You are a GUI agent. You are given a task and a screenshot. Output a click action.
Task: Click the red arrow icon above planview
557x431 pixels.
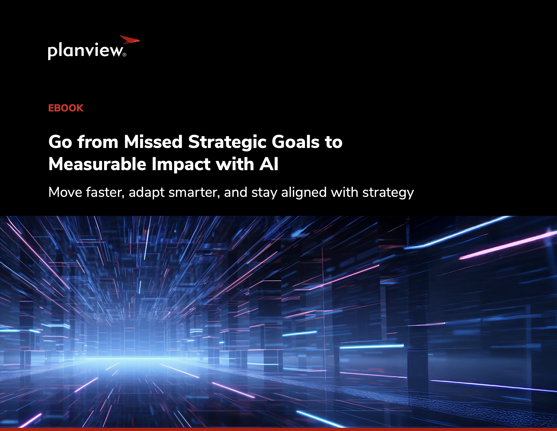[x=130, y=40]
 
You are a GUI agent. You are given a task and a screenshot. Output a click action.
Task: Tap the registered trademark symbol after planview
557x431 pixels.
[x=125, y=55]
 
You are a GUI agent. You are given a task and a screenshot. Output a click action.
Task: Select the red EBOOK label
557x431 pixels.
[x=66, y=108]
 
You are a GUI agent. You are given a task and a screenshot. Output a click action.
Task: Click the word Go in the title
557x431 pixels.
[x=60, y=142]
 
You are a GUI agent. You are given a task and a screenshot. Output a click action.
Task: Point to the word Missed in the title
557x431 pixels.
[x=153, y=142]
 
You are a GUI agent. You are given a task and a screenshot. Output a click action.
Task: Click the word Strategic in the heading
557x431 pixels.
[x=227, y=142]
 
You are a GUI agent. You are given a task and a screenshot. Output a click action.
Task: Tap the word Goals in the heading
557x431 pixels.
[x=295, y=142]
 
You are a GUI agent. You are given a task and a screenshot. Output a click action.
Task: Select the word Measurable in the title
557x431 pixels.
[x=97, y=164]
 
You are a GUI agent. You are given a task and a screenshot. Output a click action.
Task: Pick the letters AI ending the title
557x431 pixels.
[x=269, y=164]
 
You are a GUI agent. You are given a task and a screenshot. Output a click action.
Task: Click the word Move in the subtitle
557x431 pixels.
[x=65, y=192]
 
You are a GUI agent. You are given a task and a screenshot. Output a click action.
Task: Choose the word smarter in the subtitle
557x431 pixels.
[x=194, y=192]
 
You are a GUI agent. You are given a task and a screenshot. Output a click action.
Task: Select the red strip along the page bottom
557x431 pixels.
[x=278, y=429]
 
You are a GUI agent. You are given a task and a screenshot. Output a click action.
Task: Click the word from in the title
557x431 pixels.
[x=98, y=142]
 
